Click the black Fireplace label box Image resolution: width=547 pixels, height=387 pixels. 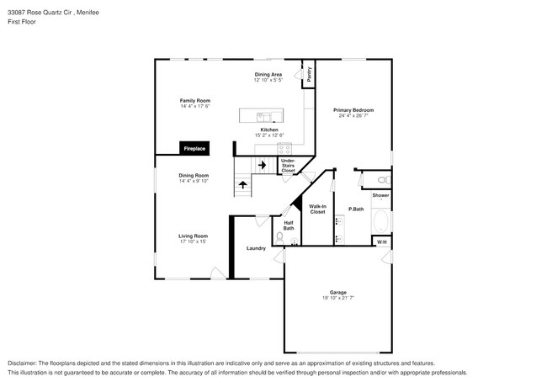[194, 148]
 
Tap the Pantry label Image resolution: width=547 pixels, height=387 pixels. [309, 74]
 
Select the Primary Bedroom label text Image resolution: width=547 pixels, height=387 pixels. [353, 110]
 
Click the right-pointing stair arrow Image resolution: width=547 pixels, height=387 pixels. [262, 166]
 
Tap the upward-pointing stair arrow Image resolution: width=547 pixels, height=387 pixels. [243, 183]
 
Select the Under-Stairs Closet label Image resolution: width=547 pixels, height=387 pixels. [288, 165]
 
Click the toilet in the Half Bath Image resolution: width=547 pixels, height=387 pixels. [279, 236]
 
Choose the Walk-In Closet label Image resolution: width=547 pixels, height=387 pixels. [317, 209]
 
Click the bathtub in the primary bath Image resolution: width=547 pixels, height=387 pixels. [380, 223]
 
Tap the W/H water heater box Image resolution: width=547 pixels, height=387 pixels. [381, 242]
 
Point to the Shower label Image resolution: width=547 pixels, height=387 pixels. [380, 195]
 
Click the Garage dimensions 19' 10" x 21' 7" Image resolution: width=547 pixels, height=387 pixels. [337, 300]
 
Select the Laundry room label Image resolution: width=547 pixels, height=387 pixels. [256, 248]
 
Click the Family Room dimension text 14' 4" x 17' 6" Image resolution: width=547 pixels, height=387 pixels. [194, 106]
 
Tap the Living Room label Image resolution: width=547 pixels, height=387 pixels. [193, 236]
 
